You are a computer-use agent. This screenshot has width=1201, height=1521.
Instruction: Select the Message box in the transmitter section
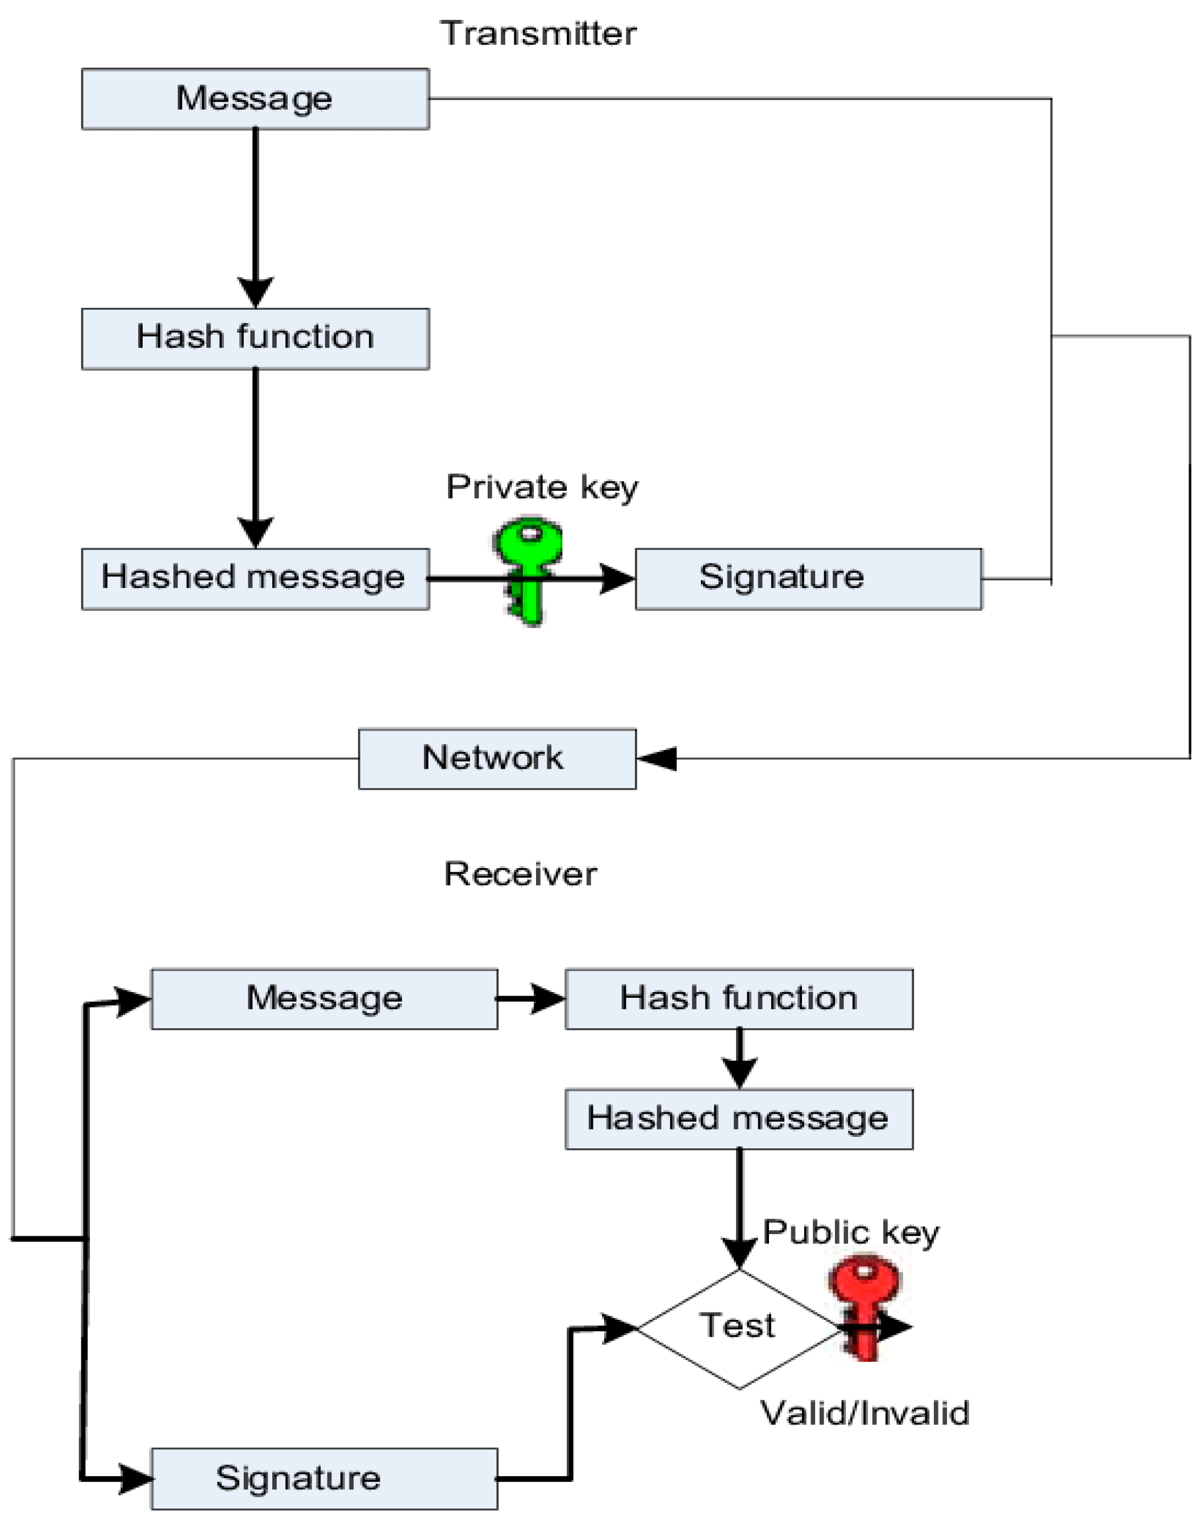click(255, 98)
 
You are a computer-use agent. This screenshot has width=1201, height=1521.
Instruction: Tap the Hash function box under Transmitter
click(255, 338)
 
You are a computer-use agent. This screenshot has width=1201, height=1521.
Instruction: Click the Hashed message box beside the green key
click(255, 578)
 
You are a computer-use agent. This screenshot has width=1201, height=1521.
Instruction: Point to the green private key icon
click(529, 569)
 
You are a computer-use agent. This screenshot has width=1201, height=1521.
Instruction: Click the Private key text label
click(542, 487)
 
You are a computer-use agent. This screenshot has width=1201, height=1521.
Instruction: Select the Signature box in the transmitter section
click(809, 578)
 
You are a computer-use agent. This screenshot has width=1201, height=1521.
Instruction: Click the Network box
click(497, 759)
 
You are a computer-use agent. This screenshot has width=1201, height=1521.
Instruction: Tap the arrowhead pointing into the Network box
click(658, 759)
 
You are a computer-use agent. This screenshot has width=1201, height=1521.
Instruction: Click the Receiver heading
click(520, 874)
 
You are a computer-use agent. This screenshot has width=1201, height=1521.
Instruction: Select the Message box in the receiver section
click(324, 999)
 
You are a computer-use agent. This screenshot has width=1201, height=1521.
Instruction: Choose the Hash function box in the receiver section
click(739, 999)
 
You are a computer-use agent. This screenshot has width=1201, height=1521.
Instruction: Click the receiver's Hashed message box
click(739, 1119)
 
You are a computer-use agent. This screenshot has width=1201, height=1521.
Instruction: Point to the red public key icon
click(864, 1307)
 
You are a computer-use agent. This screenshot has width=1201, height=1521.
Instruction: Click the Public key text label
click(851, 1232)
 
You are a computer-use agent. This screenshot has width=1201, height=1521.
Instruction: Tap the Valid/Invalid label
click(865, 1412)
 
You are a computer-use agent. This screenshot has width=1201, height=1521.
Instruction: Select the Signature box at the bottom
click(324, 1478)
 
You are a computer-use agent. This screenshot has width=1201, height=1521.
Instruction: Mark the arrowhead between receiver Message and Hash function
click(547, 999)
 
